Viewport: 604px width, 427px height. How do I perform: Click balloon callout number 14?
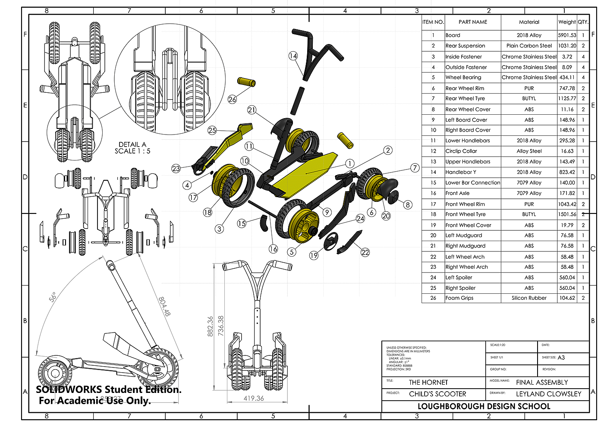coord(293,56)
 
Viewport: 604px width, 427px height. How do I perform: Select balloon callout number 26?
coord(232,99)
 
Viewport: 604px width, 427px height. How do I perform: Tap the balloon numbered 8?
coord(407,204)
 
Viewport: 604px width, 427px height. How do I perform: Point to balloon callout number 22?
coord(365,252)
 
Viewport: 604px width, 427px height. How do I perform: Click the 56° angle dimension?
coord(53,297)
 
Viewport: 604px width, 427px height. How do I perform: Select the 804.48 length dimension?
coord(164,306)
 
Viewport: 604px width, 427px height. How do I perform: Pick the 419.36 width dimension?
coord(253,399)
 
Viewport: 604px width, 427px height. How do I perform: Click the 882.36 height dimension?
coord(210,326)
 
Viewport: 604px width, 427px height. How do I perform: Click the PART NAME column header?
coord(473,22)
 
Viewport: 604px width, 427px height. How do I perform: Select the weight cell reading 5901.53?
coord(567,35)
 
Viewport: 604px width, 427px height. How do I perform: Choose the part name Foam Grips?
coord(459,298)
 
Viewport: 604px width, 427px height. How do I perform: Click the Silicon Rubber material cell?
coord(529,298)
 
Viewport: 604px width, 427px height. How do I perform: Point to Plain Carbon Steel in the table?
coord(529,46)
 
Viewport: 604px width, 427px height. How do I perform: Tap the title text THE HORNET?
coord(428,383)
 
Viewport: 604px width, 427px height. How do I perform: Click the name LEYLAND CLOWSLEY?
coord(548,394)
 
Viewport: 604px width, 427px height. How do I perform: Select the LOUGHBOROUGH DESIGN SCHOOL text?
coord(484,406)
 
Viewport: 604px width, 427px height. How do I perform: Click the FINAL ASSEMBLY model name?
coord(542,383)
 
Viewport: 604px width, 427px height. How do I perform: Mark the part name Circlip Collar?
coord(461,151)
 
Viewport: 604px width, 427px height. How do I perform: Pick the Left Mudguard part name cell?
coord(464,235)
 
